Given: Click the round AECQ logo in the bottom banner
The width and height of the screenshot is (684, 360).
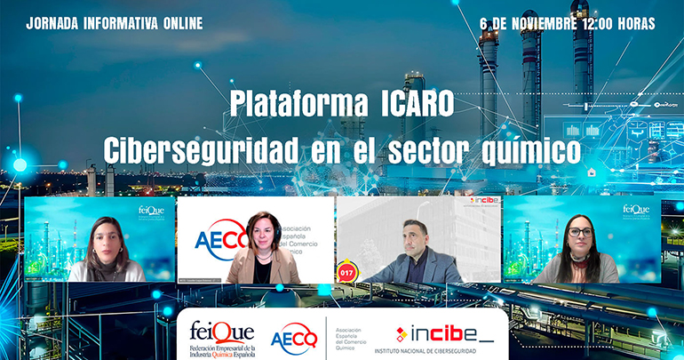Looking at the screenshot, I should pyautogui.click(x=293, y=338).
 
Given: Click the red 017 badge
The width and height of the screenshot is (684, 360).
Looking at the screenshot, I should pyautogui.click(x=346, y=268).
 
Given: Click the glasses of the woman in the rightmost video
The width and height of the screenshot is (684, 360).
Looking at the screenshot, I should pyautogui.click(x=579, y=232).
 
